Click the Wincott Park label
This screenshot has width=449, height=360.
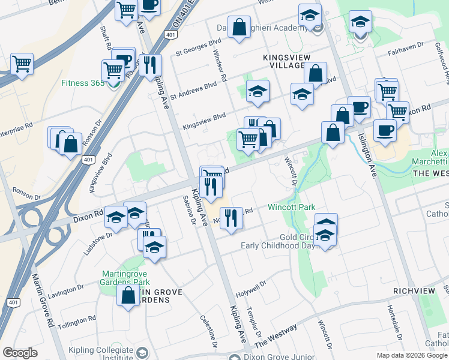coord(292,207)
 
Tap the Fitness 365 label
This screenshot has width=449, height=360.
coord(83,83)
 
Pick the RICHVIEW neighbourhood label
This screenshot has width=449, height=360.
coord(414,290)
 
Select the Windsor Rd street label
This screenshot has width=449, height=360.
coord(220,65)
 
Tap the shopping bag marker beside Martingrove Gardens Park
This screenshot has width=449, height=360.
coord(128,296)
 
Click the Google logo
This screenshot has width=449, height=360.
coord(20,353)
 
